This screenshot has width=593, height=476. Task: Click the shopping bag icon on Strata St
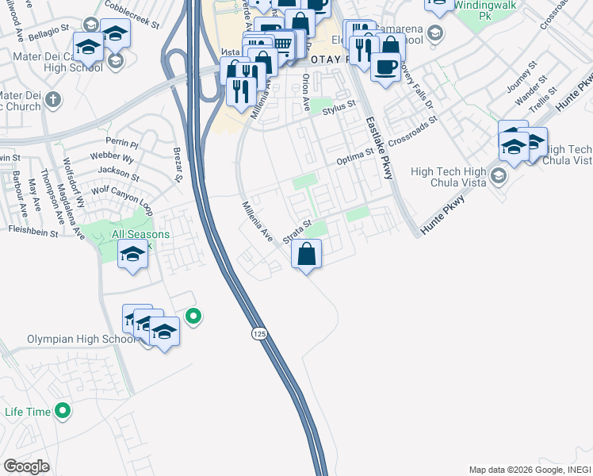[x=307, y=255]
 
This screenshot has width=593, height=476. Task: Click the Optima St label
[x=354, y=157]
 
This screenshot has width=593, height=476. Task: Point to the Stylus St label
[x=339, y=105]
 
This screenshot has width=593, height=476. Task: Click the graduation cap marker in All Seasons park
[x=133, y=255]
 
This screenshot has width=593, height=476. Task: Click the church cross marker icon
[x=53, y=100]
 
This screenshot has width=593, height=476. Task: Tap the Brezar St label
[x=178, y=167]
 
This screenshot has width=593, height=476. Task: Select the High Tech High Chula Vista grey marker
[x=499, y=175]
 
